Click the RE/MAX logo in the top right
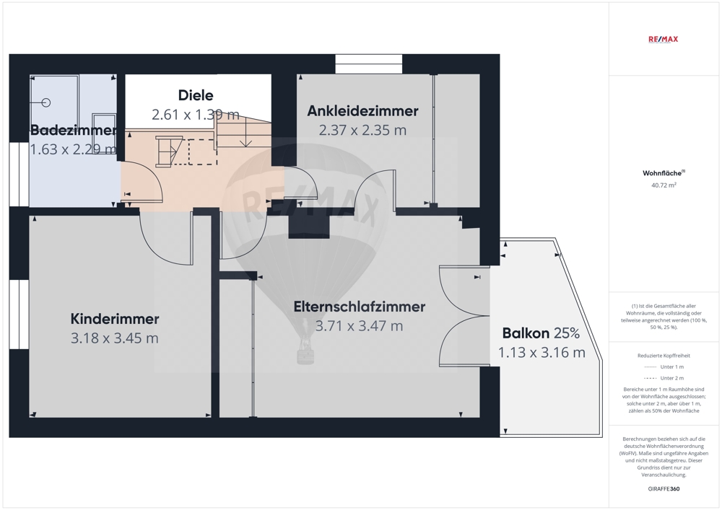(x=663, y=39)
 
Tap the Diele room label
(x=196, y=95)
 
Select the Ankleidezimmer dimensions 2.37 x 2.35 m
(x=363, y=130)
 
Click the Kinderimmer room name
(x=115, y=319)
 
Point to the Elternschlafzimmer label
(x=359, y=307)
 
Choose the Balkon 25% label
(x=541, y=333)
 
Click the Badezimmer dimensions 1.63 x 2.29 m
(x=73, y=149)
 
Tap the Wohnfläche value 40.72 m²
(x=664, y=185)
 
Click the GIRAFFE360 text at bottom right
(x=664, y=489)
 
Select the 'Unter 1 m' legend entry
(x=664, y=367)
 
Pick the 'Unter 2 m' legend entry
(x=664, y=378)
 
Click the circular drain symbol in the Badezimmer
(x=46, y=102)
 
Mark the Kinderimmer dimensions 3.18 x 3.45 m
(x=115, y=338)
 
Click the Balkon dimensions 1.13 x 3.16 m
(x=541, y=352)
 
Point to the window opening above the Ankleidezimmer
(x=368, y=64)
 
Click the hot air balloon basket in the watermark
(x=305, y=355)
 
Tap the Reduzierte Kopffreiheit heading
(x=664, y=356)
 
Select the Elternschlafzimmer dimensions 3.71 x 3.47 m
(x=359, y=326)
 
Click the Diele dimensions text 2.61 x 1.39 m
(x=196, y=115)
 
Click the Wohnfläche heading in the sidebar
(x=664, y=173)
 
